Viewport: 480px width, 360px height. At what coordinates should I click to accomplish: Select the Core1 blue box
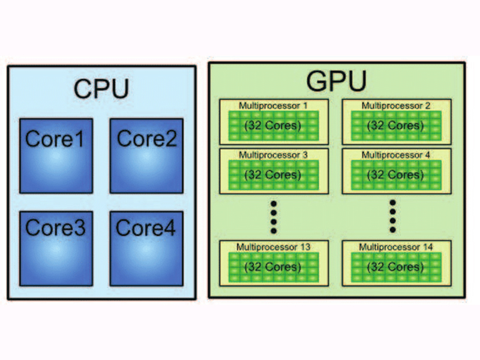click(56, 155)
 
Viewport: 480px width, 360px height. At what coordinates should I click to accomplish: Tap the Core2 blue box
click(146, 155)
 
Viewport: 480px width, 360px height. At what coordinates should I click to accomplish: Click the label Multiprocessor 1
click(273, 106)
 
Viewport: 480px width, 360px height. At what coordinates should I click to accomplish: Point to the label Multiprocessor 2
click(395, 106)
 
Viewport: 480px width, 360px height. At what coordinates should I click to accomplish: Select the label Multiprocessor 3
click(273, 155)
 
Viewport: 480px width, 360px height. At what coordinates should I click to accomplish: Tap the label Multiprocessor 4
click(395, 155)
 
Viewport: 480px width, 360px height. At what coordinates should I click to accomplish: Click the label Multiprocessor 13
click(273, 247)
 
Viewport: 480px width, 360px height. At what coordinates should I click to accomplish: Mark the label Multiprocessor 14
click(395, 247)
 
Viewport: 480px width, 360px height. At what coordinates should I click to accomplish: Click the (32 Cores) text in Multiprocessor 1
click(274, 125)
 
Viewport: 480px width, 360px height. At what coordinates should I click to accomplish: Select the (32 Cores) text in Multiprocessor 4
click(396, 175)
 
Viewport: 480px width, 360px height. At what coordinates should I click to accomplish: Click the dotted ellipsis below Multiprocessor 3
click(274, 217)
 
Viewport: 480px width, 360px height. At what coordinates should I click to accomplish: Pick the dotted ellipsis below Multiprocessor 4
click(393, 217)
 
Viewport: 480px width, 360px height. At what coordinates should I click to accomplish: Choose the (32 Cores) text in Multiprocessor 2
click(396, 125)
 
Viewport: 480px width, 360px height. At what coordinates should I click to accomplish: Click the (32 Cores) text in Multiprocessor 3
click(274, 175)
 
